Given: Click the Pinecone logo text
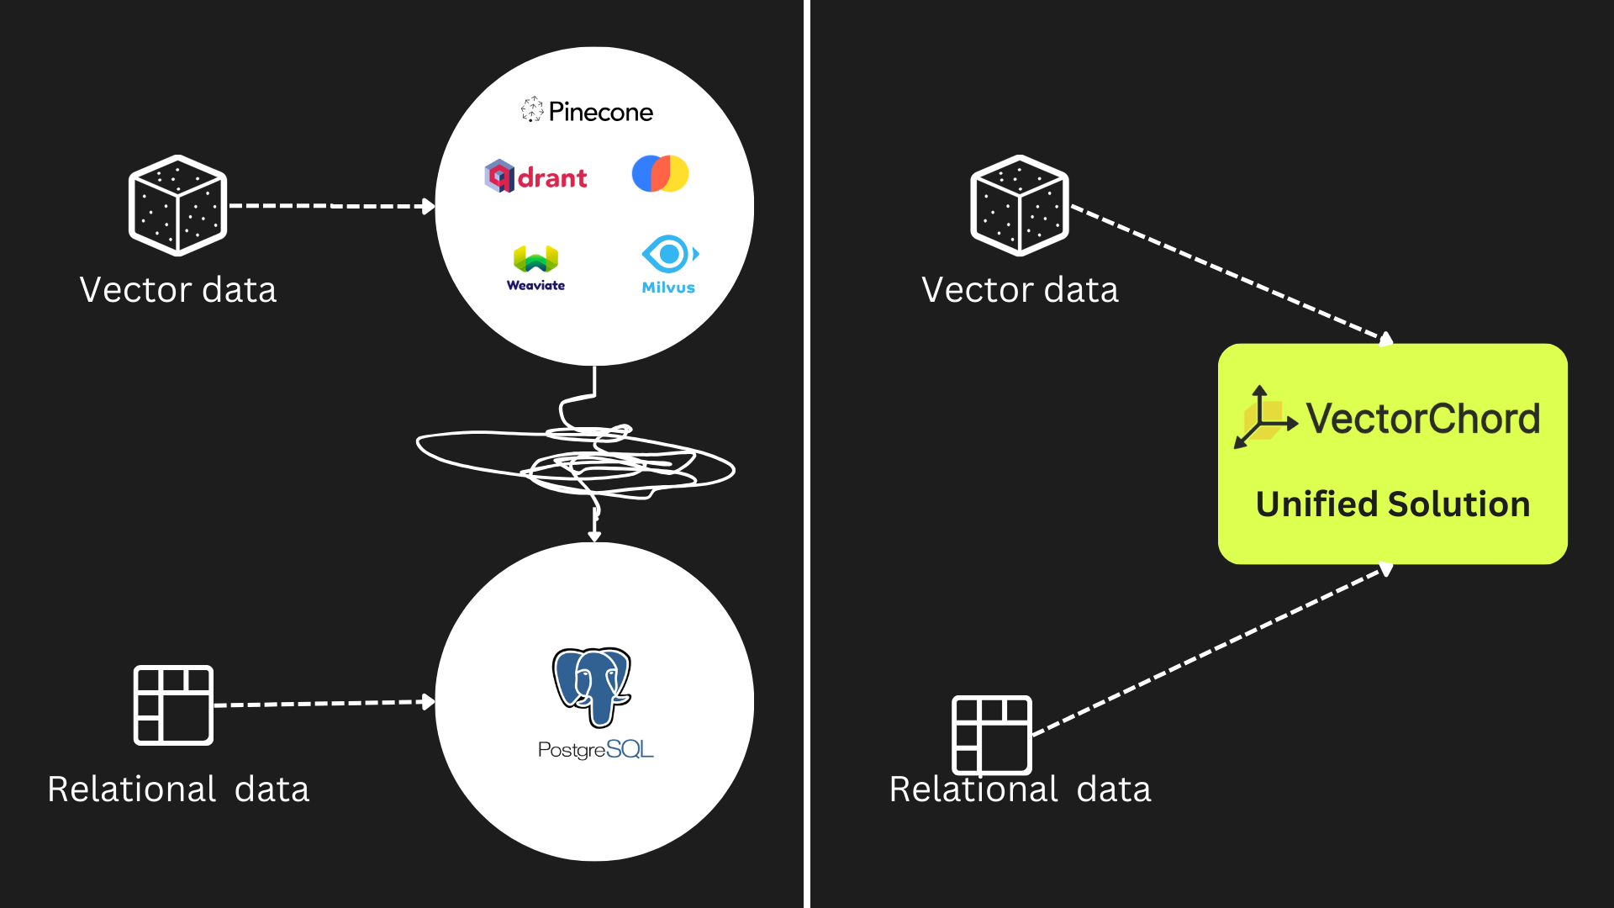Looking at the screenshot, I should [600, 112].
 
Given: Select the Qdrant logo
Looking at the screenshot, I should [536, 177].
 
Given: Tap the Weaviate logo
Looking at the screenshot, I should [536, 268].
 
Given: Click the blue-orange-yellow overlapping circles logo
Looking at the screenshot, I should [660, 173].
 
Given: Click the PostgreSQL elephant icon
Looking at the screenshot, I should [592, 686].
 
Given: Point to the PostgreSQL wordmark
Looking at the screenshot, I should [595, 749].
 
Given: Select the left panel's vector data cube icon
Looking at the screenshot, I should [177, 205].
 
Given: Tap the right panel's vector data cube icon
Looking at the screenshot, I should [1020, 205].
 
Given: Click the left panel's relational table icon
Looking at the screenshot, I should [173, 705].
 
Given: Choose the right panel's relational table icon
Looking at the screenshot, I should [991, 734].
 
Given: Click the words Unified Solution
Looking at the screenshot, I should [1392, 504].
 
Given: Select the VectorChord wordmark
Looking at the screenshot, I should [1422, 419].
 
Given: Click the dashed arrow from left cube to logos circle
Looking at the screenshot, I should [331, 205].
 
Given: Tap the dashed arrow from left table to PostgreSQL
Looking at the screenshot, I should [324, 703].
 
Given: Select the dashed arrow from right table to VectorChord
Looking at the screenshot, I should [1210, 650].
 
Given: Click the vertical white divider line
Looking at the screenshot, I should [806, 454].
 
